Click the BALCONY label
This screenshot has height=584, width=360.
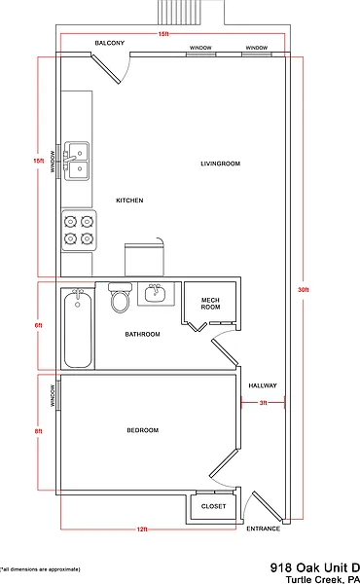[x=109, y=43]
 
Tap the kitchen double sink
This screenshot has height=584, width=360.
[x=77, y=161]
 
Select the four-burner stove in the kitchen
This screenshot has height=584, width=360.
[x=79, y=230]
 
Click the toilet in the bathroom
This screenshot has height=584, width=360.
[x=120, y=298]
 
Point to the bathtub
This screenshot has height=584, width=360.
[x=78, y=328]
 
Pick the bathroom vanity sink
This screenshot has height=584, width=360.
[x=156, y=294]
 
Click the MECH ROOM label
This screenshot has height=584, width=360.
[x=210, y=304]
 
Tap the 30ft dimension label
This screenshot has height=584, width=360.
[x=304, y=290]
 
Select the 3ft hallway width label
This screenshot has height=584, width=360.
[x=264, y=403]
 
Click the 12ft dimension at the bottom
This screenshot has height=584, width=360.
[x=143, y=529]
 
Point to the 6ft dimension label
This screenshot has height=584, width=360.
[x=38, y=325]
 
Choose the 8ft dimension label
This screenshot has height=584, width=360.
[x=38, y=431]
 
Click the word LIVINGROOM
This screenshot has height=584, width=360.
[x=221, y=164]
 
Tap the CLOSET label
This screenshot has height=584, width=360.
[x=213, y=506]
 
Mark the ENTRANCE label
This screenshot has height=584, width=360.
[x=264, y=529]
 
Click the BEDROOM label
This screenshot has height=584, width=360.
[x=143, y=430]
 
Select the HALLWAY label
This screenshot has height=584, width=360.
[x=263, y=385]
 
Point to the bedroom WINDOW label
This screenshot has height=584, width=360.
[x=53, y=395]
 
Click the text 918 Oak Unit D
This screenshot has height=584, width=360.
[x=315, y=567]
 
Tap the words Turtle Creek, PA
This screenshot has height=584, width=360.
[x=323, y=579]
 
